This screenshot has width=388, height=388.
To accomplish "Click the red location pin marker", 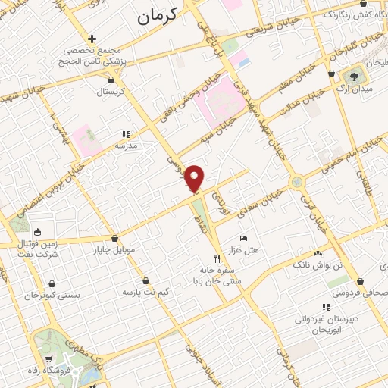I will pos(195,179).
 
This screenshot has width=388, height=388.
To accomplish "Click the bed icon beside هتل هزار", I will pos(242,238).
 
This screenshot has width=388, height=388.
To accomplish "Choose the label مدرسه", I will pos(126,144).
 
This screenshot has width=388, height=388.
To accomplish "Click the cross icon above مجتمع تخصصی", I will pos(92,38).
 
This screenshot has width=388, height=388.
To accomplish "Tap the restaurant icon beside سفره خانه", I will pos(217,258).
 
